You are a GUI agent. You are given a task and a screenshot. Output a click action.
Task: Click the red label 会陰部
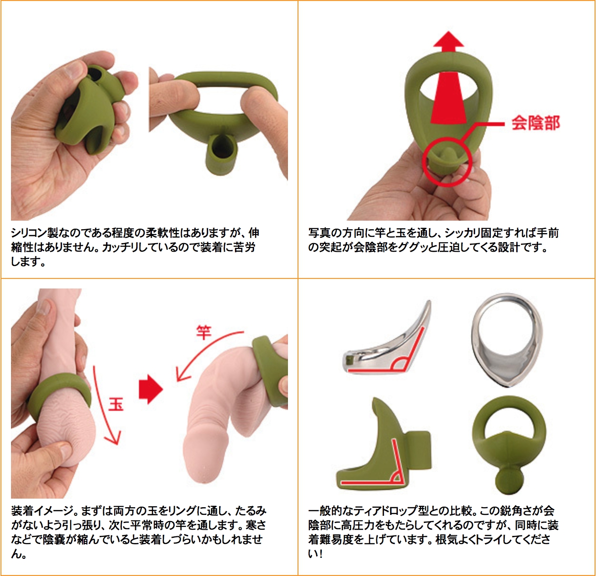coord(536,123)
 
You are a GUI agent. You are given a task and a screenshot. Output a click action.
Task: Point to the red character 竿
coord(203,332)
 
